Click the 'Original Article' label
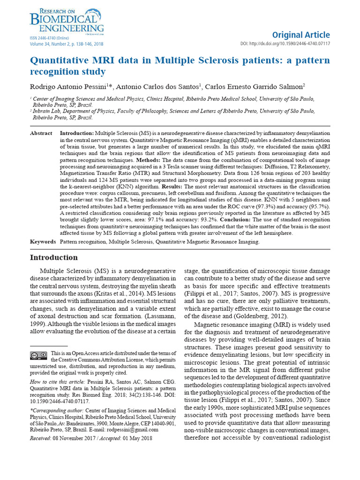pos(308,35)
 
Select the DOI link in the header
pos(291,44)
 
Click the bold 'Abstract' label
pos(41,134)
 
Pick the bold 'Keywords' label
pos(43,242)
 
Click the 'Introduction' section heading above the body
pos(54,258)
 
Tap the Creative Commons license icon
pos(38,355)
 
